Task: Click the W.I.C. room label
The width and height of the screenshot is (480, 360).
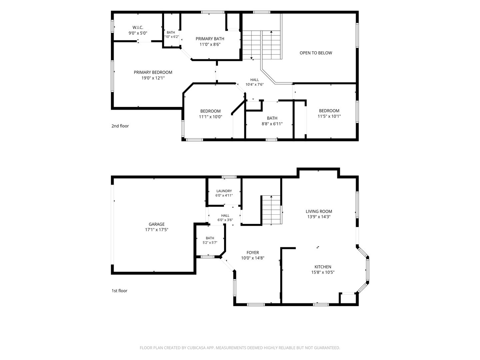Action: [x=138, y=28]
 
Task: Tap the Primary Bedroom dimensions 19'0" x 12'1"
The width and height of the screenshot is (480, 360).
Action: [x=153, y=78]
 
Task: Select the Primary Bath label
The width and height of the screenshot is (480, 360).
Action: [x=210, y=39]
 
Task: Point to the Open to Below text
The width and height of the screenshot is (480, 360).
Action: [x=316, y=53]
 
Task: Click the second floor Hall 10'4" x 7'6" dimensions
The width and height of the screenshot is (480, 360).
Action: [x=255, y=85]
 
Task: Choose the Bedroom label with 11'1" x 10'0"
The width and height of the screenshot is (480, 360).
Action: [x=210, y=111]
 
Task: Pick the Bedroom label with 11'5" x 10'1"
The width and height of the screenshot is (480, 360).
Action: [x=329, y=111]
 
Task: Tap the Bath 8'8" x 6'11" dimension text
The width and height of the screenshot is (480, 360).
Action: [x=272, y=124]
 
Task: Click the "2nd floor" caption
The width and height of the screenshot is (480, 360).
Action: [x=120, y=126]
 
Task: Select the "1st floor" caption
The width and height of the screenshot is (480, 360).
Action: [x=119, y=291]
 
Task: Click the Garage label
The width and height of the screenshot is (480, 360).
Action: [x=157, y=224]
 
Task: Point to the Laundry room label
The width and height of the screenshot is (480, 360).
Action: [x=224, y=191]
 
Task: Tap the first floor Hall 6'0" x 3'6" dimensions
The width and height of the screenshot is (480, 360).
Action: [x=225, y=220]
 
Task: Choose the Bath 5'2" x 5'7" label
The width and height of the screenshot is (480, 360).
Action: [x=210, y=238]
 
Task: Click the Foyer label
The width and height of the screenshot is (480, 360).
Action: [x=253, y=252]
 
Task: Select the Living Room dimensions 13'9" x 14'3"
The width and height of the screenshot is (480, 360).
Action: [x=319, y=217]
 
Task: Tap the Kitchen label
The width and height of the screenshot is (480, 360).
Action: [x=323, y=267]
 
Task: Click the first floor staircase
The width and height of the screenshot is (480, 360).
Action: [x=271, y=210]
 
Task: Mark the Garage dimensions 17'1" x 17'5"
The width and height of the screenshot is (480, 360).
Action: [x=157, y=230]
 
